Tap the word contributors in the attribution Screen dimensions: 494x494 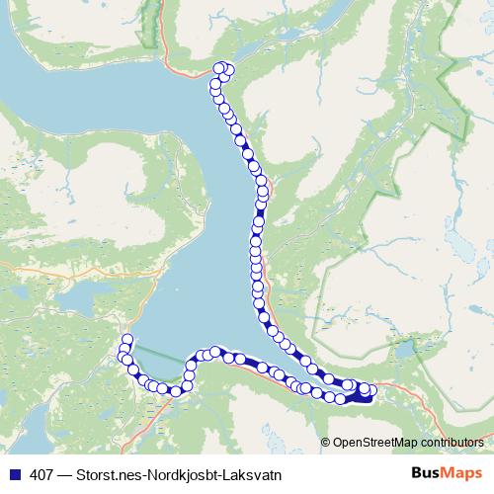pos(450,442)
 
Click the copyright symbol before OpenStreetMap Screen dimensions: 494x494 pos(325,442)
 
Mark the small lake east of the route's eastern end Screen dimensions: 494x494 pos(405,351)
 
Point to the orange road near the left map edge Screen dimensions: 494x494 pos(20,265)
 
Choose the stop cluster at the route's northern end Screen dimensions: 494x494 pos(224,69)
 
